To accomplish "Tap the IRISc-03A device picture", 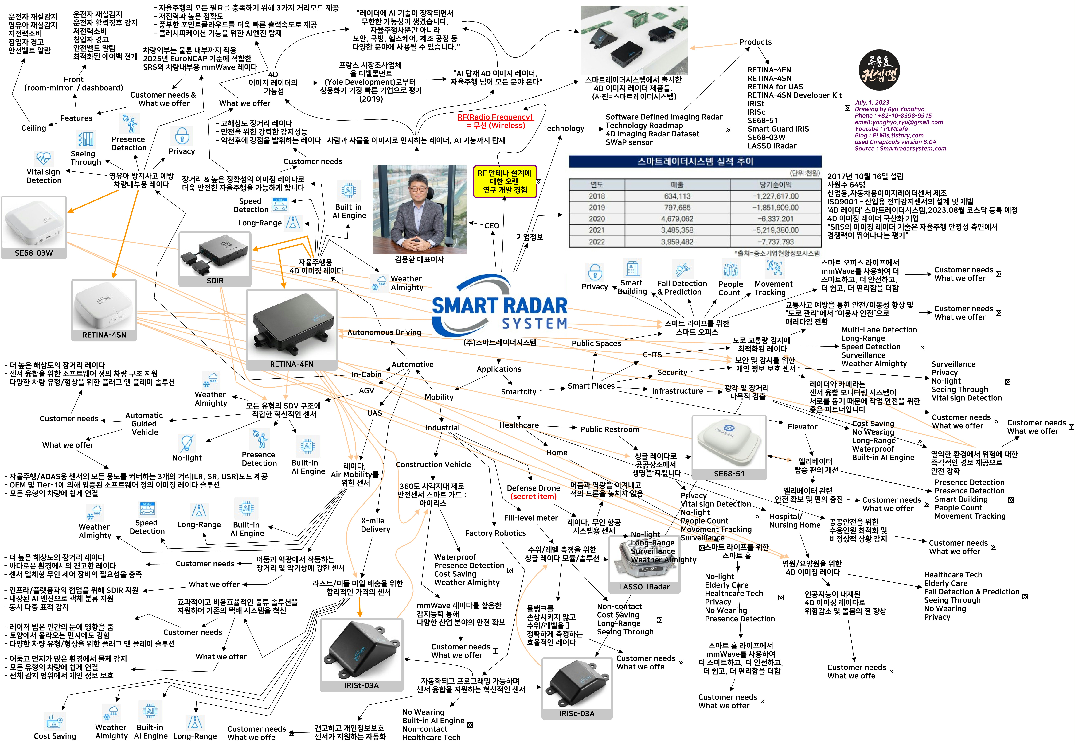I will pos(577,684).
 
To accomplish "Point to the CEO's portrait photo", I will pos(419,209).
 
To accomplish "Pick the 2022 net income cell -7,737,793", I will pos(775,242).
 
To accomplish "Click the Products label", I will pos(755,42).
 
